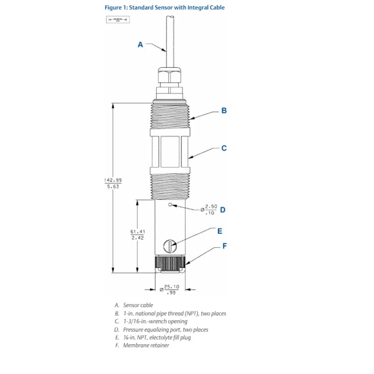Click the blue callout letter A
(140, 45)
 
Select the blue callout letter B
(224, 111)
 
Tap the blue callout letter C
(224, 148)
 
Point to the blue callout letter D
(223, 209)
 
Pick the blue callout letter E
(220, 231)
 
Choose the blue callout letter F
(224, 245)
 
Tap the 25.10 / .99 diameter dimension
(171, 289)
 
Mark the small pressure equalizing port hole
(170, 205)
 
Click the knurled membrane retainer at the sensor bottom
(171, 265)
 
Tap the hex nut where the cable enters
(170, 77)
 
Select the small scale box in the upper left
(117, 20)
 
